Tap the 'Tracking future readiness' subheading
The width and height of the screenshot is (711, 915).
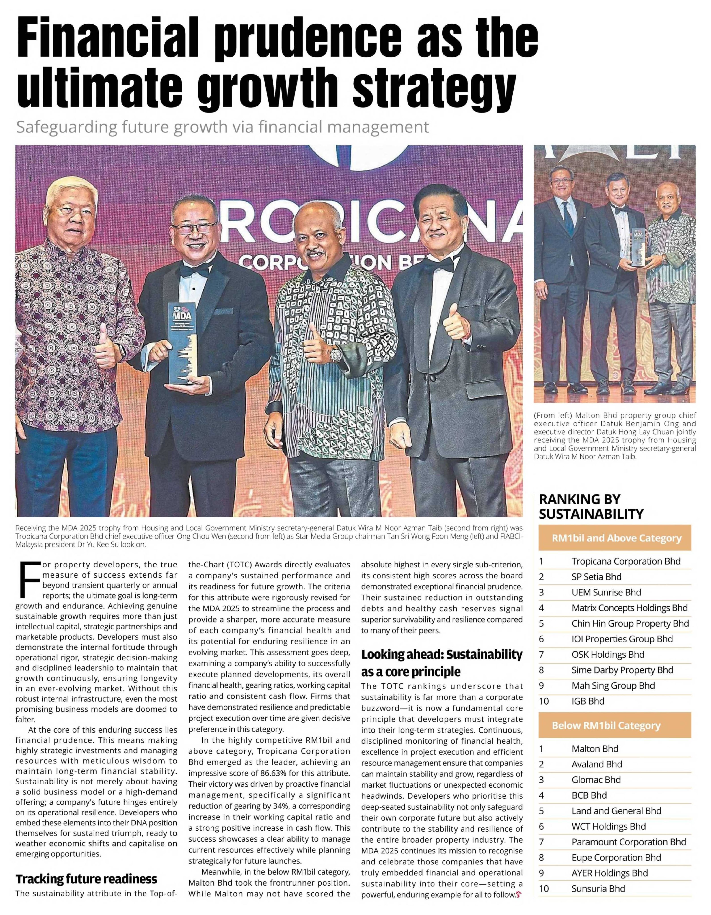(x=86, y=879)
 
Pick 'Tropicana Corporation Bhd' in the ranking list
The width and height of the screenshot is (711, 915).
(x=626, y=561)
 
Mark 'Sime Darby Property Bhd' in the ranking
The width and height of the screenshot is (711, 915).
(x=622, y=670)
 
